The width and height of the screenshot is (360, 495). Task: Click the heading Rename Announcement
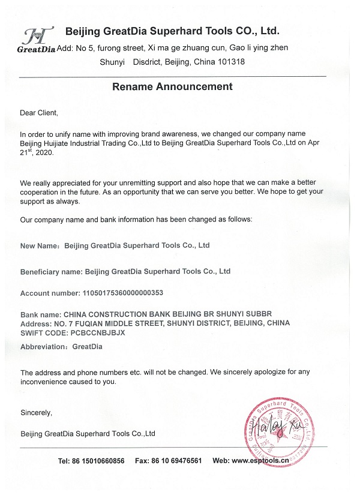tap(172, 87)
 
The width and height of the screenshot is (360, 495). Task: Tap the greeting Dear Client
tap(39, 113)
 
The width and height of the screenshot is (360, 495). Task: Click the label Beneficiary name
tap(51, 272)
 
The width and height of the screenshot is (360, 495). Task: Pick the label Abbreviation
tap(44, 347)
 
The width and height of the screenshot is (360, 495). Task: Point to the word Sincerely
tap(36, 413)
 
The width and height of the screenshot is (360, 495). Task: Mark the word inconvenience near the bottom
tap(46, 382)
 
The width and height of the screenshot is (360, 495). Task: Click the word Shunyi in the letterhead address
tap(112, 62)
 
